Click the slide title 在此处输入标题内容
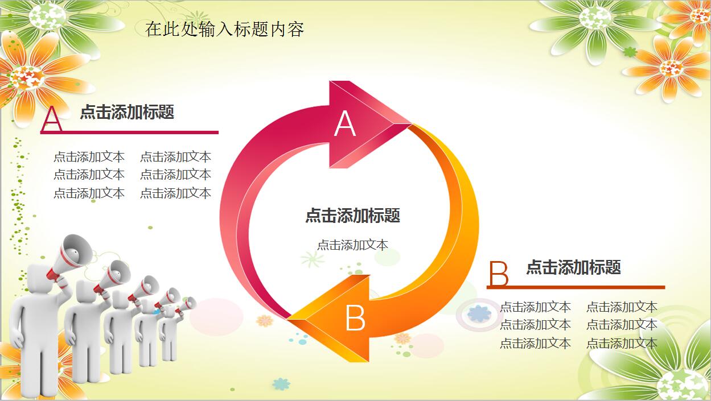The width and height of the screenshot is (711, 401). [x=224, y=29]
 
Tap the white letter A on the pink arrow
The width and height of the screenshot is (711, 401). [x=345, y=124]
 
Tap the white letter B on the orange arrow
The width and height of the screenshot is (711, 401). [x=355, y=318]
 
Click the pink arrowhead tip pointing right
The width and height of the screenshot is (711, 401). [x=411, y=123]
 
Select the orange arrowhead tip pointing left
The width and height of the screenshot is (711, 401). [x=288, y=319]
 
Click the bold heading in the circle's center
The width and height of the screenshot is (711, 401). [x=352, y=216]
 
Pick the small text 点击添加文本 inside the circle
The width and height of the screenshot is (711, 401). [x=352, y=245]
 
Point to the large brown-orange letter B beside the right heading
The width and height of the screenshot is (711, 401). [x=499, y=274]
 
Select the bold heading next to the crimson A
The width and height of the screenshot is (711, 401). [x=127, y=111]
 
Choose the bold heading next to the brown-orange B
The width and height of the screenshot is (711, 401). [x=574, y=267]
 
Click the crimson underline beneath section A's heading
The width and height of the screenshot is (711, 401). [x=129, y=133]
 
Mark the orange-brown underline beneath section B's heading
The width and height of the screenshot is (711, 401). [x=576, y=287]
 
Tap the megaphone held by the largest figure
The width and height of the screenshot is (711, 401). [x=71, y=257]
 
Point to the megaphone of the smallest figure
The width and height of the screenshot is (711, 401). [x=187, y=305]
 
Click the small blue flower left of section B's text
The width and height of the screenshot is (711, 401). [x=479, y=314]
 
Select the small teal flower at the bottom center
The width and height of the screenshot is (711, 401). [x=281, y=384]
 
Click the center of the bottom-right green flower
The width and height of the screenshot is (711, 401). [x=677, y=386]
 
